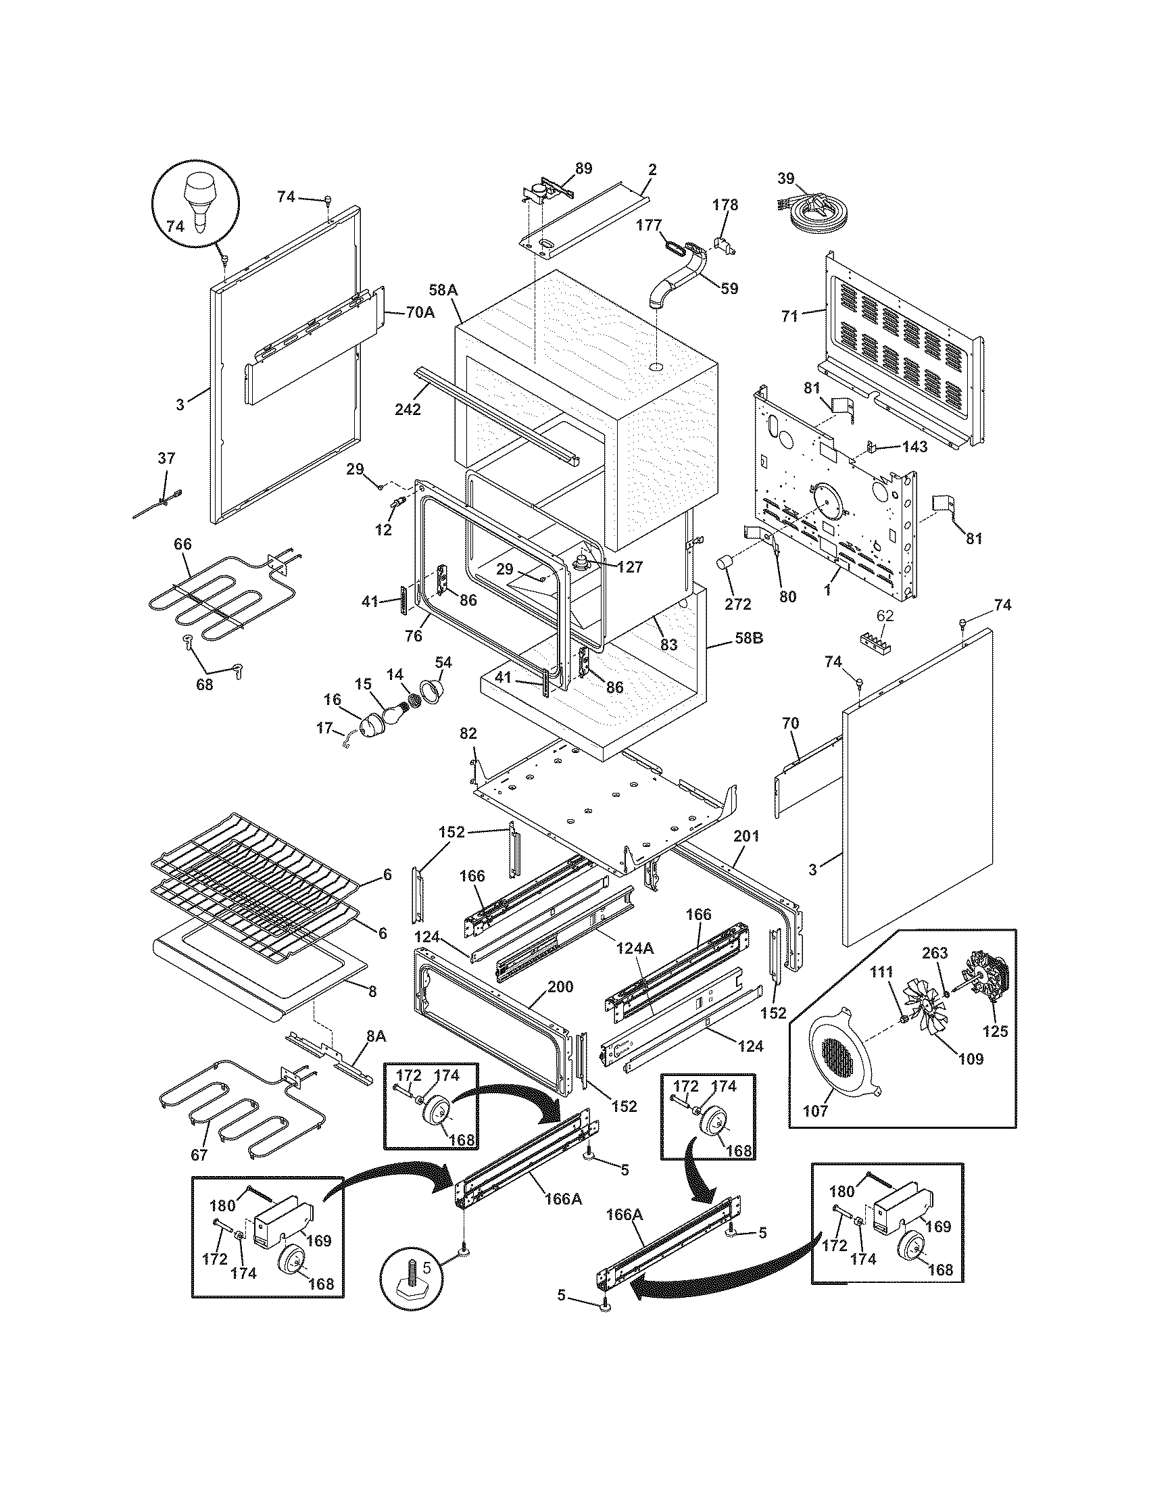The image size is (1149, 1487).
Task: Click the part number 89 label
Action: pos(583,168)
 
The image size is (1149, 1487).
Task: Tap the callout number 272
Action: pos(738,604)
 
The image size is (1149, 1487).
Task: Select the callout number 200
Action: pos(560,987)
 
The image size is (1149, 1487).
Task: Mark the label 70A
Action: pos(420,314)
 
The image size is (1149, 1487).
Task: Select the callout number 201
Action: pos(746,835)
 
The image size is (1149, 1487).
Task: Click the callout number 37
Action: pos(166,458)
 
